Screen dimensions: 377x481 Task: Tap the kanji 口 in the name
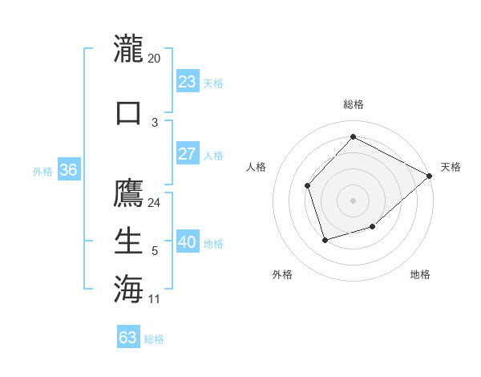128,111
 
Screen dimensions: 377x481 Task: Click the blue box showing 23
187,82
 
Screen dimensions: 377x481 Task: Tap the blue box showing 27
187,154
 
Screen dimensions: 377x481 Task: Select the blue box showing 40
187,242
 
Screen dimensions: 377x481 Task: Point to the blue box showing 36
68,170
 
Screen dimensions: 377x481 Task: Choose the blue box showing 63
128,338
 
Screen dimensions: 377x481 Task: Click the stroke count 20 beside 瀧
155,58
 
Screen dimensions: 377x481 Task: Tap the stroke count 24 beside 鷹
155,202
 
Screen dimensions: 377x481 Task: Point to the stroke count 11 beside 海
155,299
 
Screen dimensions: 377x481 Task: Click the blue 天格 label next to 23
213,83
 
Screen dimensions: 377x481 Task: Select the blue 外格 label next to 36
42,171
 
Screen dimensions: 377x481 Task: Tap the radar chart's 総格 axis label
353,104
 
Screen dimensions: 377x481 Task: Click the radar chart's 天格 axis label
451,167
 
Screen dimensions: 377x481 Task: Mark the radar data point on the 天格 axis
429,175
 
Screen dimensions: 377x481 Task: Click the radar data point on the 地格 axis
372,227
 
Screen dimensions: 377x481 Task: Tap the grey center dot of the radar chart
353,200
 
